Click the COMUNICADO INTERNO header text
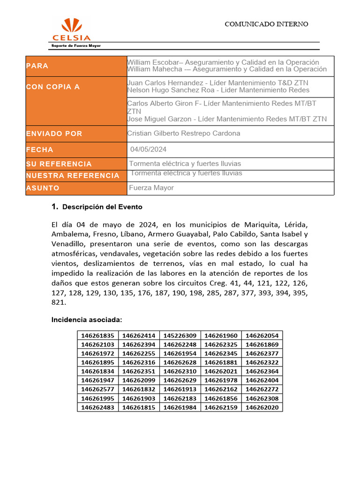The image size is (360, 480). (x=266, y=24)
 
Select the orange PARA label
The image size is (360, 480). (x=37, y=66)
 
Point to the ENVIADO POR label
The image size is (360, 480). (x=54, y=134)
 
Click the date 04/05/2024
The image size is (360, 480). (x=149, y=150)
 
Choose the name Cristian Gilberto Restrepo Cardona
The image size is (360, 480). (x=184, y=133)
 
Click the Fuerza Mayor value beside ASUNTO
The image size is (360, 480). (x=151, y=187)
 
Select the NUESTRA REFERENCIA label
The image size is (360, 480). (x=73, y=175)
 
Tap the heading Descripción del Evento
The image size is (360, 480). (x=102, y=207)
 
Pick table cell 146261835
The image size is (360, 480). (x=97, y=336)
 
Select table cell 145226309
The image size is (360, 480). (x=180, y=336)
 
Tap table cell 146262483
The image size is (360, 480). (x=97, y=408)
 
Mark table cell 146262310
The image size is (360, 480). (x=180, y=372)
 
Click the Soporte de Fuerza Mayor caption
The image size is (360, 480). (x=75, y=45)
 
